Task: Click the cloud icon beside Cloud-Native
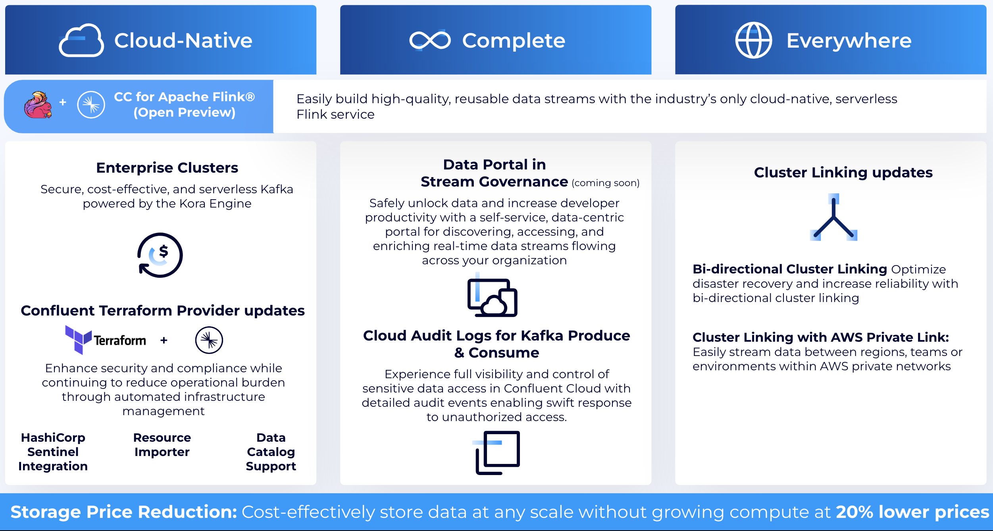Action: point(81,40)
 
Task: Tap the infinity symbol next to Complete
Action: point(430,40)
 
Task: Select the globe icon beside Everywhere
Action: point(753,40)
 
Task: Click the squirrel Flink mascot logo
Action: point(38,105)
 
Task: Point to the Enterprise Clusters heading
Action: point(167,168)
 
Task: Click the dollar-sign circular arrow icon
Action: point(160,255)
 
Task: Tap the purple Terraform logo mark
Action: point(78,339)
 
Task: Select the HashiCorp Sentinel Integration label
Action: point(53,452)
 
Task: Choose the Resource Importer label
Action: point(162,445)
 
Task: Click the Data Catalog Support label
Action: point(271,452)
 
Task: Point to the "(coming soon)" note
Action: point(606,183)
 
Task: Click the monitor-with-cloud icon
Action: point(493,297)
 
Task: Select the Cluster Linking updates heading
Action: point(843,173)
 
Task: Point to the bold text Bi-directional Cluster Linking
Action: point(789,269)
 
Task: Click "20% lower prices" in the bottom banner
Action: point(912,512)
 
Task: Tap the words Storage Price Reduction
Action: point(123,512)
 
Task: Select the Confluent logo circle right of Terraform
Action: point(209,340)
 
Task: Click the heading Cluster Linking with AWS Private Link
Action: point(820,337)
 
